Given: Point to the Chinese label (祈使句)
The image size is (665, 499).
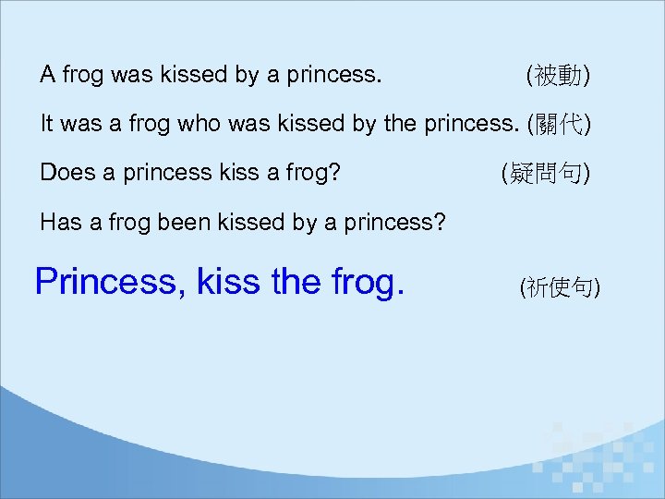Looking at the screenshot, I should (x=560, y=289).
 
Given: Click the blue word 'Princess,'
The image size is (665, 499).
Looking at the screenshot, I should (x=110, y=282).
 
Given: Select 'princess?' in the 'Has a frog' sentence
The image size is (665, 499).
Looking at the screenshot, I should (x=396, y=222).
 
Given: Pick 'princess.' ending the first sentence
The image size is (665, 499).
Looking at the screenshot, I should (x=332, y=75).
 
